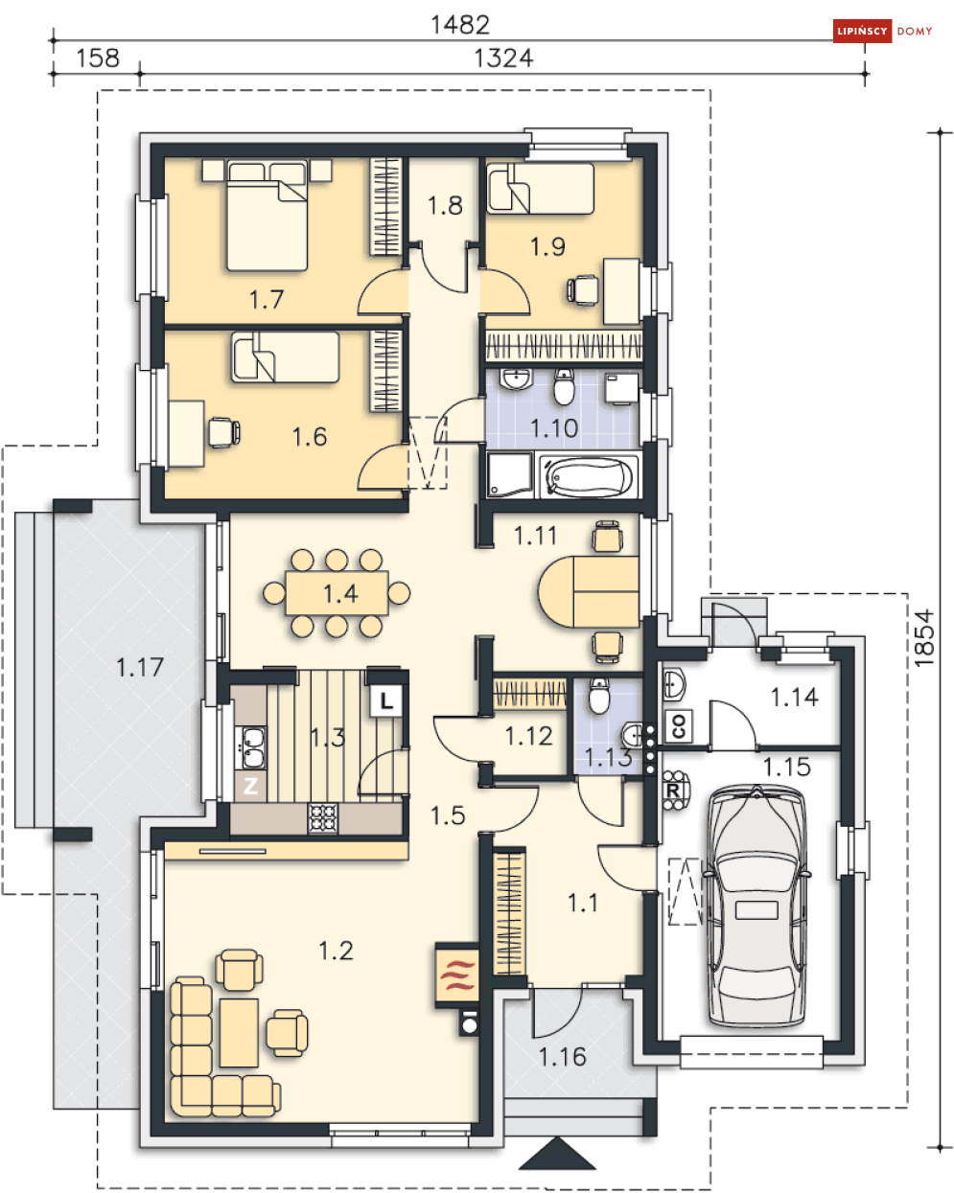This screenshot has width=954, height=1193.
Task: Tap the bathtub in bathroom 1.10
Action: pyautogui.click(x=588, y=477)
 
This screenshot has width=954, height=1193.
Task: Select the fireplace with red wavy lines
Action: pyautogui.click(x=456, y=975)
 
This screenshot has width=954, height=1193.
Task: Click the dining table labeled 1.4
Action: pyautogui.click(x=337, y=593)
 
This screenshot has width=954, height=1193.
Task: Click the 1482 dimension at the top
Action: pyautogui.click(x=460, y=25)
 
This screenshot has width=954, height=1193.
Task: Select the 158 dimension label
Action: pyautogui.click(x=98, y=57)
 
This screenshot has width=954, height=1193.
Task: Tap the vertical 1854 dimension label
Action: pyautogui.click(x=924, y=638)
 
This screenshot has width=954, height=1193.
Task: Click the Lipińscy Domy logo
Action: pyautogui.click(x=882, y=31)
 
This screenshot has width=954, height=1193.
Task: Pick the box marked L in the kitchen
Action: pyautogui.click(x=386, y=701)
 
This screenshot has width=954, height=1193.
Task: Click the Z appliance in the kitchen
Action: pyautogui.click(x=250, y=786)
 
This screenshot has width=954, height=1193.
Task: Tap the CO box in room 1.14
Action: pyautogui.click(x=678, y=725)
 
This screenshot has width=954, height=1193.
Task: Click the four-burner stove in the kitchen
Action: pyautogui.click(x=323, y=817)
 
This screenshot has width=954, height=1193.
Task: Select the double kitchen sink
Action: pyautogui.click(x=250, y=747)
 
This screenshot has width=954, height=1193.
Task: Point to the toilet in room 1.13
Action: pyautogui.click(x=599, y=696)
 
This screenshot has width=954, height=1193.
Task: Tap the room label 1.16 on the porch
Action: pyautogui.click(x=563, y=1057)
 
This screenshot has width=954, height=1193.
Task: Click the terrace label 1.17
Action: pyautogui.click(x=140, y=667)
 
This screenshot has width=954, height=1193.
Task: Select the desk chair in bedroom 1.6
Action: pyautogui.click(x=224, y=432)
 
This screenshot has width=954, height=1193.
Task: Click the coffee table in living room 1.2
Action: pyautogui.click(x=239, y=1032)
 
